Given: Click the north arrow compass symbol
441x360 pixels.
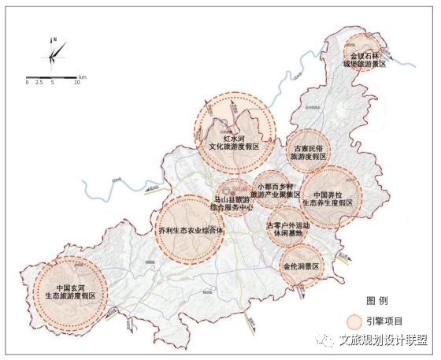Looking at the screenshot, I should tap(54, 50).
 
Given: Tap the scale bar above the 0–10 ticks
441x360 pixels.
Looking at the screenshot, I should tap(52, 76).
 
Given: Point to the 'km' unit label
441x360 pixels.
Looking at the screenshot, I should tap(83, 76).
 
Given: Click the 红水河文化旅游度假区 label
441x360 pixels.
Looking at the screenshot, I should tap(235, 142).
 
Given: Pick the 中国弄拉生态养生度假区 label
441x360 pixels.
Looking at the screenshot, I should tap(328, 198).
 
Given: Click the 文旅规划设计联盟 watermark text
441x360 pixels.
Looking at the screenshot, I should tap(384, 340).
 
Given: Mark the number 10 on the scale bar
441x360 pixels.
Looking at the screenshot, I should tap(77, 83).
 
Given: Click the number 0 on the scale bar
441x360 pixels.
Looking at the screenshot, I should tap(28, 83).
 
